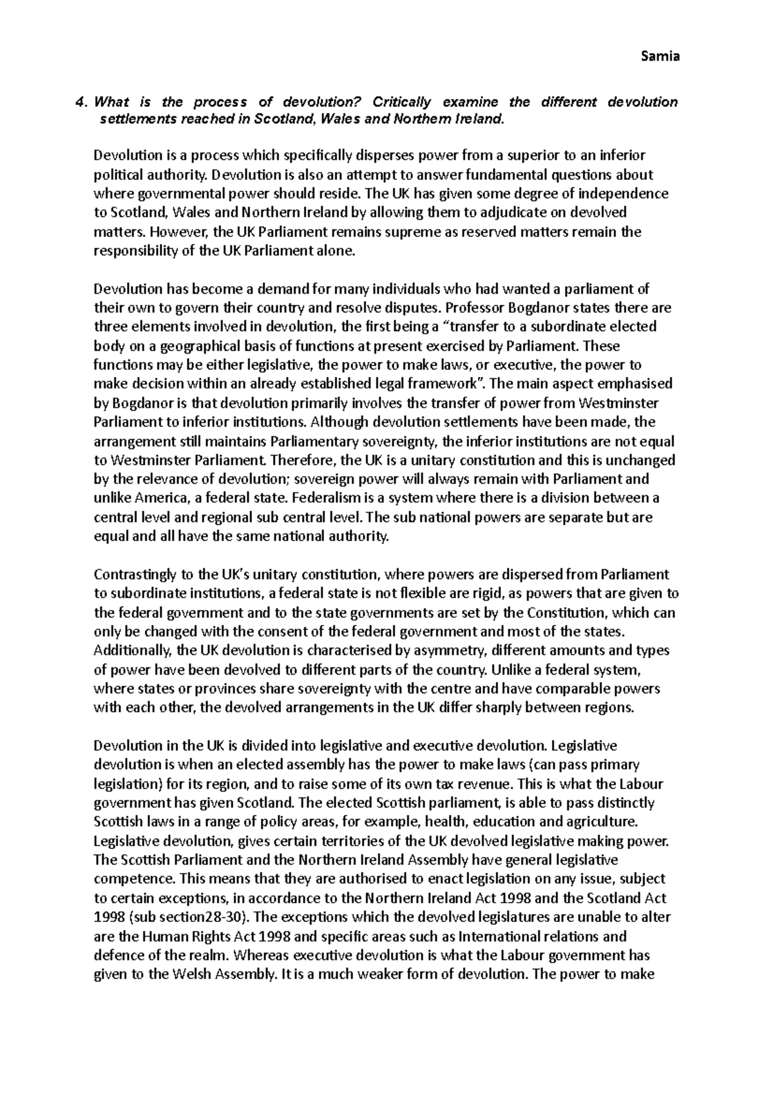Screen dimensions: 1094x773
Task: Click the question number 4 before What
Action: click(x=79, y=102)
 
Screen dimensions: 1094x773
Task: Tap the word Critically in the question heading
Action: click(x=401, y=102)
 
